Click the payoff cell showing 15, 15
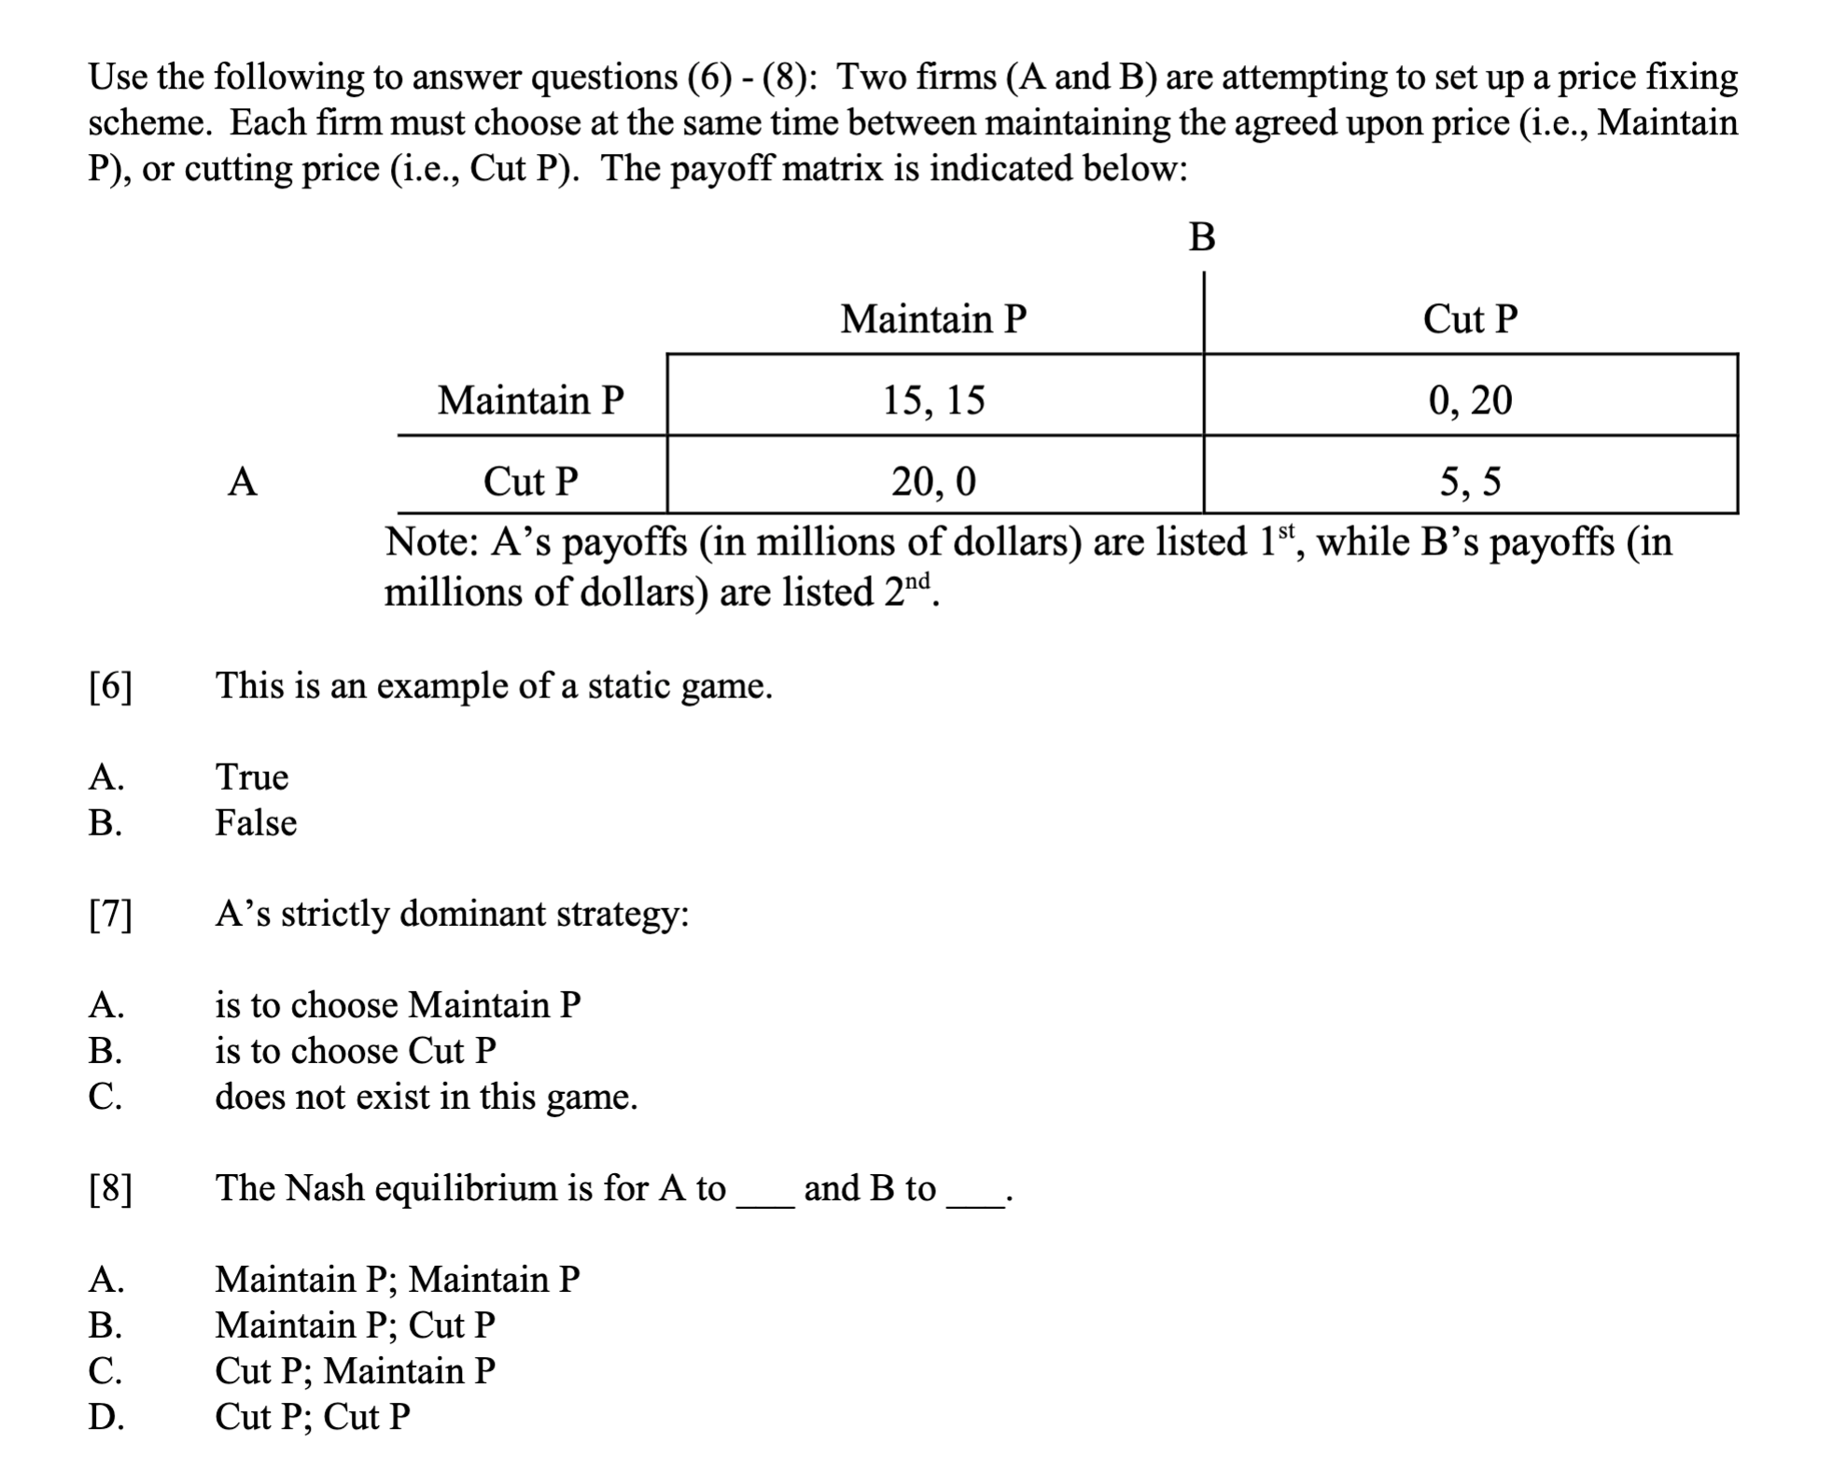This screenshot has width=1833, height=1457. pos(933,400)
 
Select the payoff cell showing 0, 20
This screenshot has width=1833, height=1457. pos(1470,400)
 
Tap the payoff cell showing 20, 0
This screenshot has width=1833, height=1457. pos(933,482)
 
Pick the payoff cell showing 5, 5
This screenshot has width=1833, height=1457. pos(1470,482)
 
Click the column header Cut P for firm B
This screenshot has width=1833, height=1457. pos(1470,319)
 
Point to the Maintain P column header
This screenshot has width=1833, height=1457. pos(933,319)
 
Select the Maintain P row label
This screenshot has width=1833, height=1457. pos(531,400)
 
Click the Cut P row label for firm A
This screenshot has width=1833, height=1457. pos(531,482)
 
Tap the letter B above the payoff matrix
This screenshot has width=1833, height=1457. pos(1202,238)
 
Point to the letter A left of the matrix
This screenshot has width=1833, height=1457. pos(243,482)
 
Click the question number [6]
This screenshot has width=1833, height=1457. pos(110,687)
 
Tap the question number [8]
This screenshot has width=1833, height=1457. pos(110,1189)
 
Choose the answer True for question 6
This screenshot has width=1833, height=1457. pos(252,777)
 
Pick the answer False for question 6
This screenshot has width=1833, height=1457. pos(256,823)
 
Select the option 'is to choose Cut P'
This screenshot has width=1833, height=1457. pos(356,1051)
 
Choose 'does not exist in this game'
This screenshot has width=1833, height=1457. pos(427,1097)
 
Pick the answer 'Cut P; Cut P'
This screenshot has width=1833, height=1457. pos(313,1417)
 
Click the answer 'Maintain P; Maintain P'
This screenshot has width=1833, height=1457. pos(398,1279)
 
